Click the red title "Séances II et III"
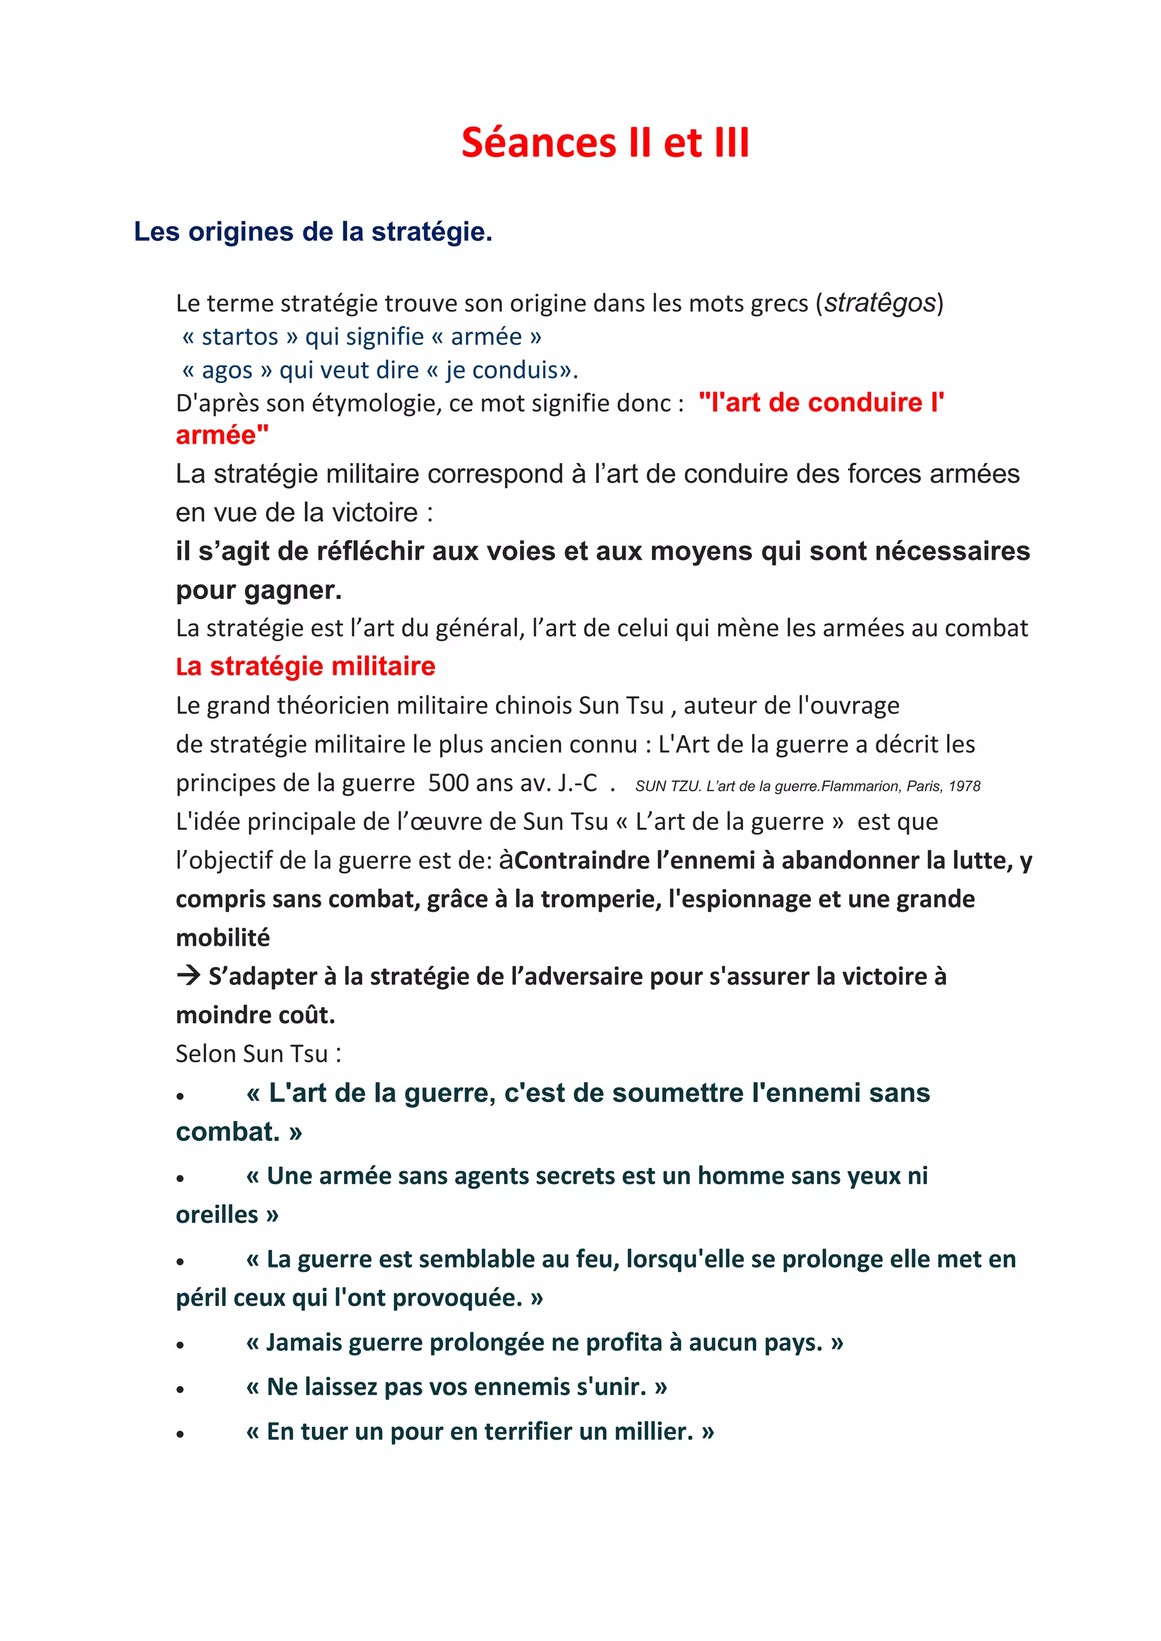click(x=605, y=142)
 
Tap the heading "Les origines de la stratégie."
click(x=313, y=232)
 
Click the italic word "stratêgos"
click(x=880, y=303)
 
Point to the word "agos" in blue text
click(x=227, y=370)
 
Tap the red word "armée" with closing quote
click(x=222, y=435)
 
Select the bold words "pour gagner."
click(x=259, y=590)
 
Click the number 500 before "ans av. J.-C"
click(x=448, y=783)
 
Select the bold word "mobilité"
click(x=223, y=938)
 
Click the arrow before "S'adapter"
click(x=189, y=976)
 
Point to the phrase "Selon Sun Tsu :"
click(x=258, y=1053)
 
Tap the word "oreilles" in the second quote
click(x=217, y=1215)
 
